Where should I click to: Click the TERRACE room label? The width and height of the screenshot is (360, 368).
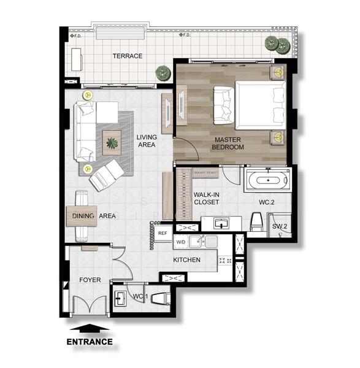[x=128, y=56]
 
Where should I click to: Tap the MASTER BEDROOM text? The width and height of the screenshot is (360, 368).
[x=228, y=144]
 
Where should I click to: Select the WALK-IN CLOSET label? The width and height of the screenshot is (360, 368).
[x=207, y=198]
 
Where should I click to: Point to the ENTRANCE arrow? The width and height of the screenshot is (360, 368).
[x=90, y=328]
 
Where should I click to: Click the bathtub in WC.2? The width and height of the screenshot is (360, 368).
[x=268, y=180]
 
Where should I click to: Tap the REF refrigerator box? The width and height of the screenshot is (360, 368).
[x=163, y=233]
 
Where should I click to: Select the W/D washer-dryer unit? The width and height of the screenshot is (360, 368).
[x=181, y=242]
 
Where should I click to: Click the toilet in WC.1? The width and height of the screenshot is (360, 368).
[x=161, y=298]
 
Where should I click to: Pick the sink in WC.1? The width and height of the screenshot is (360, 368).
[x=120, y=299]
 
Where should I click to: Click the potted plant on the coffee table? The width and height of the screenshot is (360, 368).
[x=112, y=143]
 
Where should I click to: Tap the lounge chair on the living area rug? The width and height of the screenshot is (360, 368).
[x=107, y=175]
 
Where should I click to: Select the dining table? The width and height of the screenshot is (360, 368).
[x=82, y=216]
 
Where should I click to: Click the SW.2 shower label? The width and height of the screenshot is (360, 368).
[x=280, y=226]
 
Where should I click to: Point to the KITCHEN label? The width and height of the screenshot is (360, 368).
[x=187, y=260]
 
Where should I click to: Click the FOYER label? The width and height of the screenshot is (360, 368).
[x=90, y=280]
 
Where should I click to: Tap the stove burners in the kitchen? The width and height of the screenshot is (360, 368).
[x=225, y=260]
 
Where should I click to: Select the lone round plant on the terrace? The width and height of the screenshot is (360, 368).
[x=163, y=73]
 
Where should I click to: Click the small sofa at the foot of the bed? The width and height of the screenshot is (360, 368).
[x=224, y=105]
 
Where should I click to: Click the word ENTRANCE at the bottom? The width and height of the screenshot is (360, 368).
[x=90, y=342]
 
